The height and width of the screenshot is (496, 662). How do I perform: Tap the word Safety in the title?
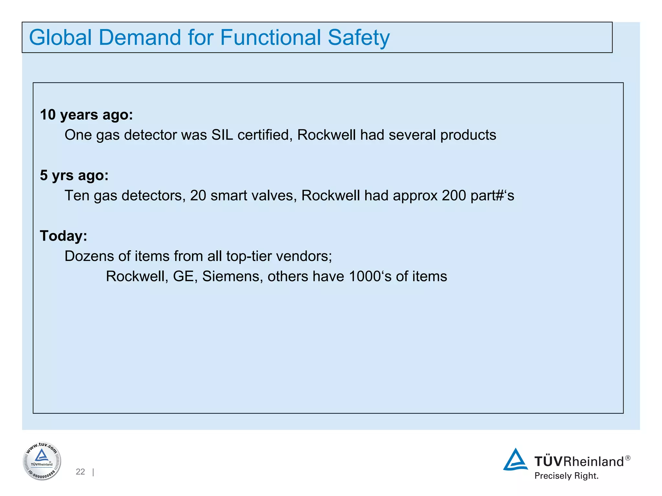358,38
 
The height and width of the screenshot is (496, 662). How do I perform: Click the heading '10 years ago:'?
86,115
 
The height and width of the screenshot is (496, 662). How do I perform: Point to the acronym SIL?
222,135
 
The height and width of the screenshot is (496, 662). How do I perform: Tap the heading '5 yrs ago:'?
74,175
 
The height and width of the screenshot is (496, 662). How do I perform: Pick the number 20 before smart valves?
198,196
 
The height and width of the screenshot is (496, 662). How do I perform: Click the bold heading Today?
63,236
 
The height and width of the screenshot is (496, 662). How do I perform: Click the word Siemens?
232,276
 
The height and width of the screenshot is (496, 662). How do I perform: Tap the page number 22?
80,472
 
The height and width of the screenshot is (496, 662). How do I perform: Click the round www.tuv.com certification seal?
42,461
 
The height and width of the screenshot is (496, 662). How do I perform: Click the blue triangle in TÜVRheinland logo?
515,460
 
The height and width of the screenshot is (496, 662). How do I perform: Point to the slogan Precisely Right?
566,476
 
